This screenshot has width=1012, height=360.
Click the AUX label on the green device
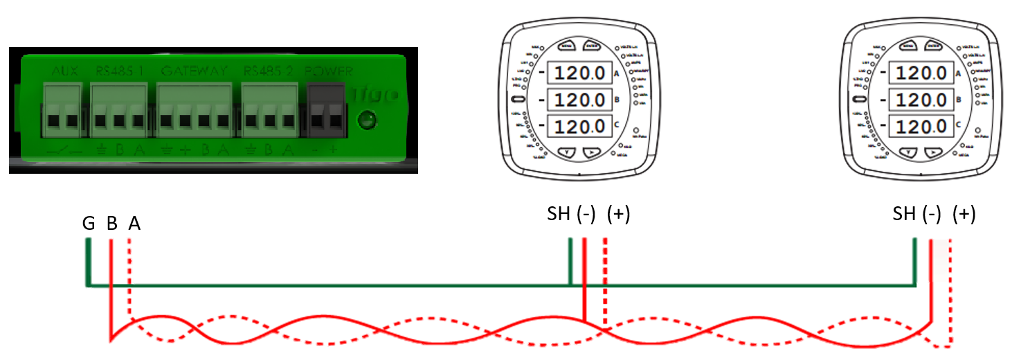tap(65, 71)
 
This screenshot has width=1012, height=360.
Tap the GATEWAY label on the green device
tap(193, 71)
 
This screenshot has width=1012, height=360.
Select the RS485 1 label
tap(120, 71)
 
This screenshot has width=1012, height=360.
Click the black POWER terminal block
tap(326, 111)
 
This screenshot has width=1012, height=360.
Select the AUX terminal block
tap(63, 111)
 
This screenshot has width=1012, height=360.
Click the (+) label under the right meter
tap(964, 215)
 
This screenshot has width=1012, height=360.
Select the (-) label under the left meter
tap(586, 215)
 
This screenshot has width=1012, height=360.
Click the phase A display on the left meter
tap(576, 73)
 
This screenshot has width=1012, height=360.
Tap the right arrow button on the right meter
tap(934, 152)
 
